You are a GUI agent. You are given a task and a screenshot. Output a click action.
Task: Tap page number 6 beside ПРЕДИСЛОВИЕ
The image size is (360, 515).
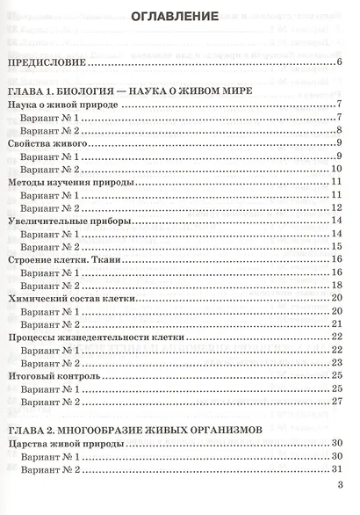[x=338, y=62]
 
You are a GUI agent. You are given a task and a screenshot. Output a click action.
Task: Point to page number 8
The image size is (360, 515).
[x=338, y=129]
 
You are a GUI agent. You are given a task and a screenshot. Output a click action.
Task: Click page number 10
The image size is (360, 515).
[x=335, y=168]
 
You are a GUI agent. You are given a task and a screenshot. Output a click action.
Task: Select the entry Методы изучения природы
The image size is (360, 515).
[x=70, y=181]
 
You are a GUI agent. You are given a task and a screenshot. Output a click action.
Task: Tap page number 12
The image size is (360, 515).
[x=335, y=207]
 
